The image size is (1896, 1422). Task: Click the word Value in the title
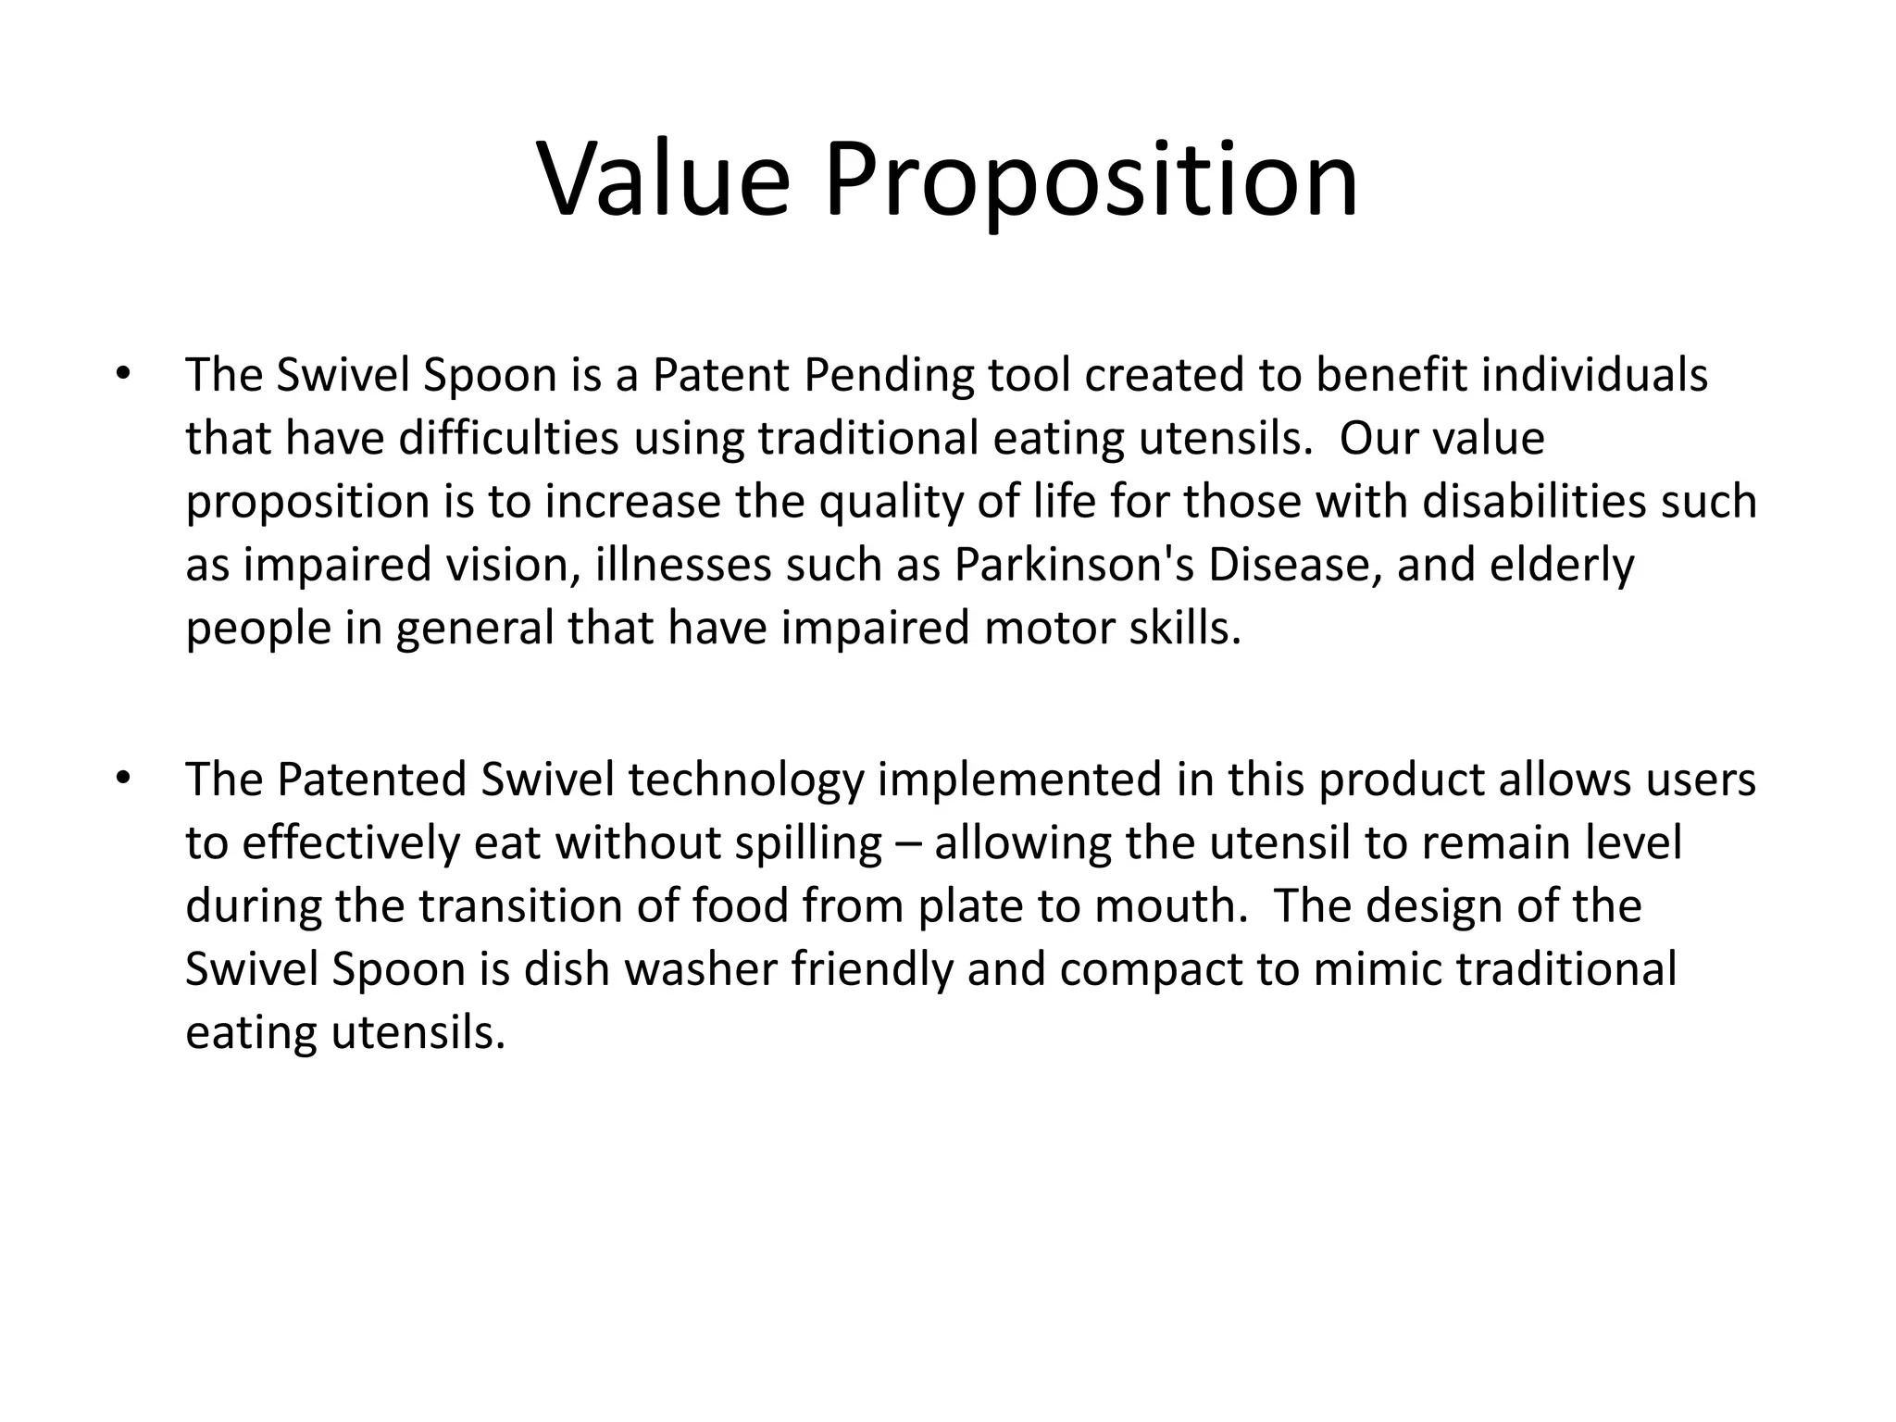pos(664,180)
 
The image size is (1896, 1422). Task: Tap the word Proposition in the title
pos(1091,181)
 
